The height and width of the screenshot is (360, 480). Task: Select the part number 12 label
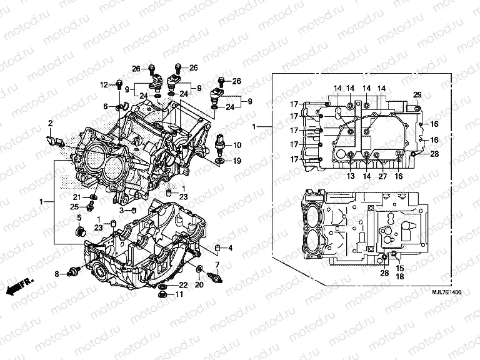coord(104,84)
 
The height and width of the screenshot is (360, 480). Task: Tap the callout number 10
coord(237,145)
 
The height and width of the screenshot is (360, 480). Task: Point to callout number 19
coord(237,161)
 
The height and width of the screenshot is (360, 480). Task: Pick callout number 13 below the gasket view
coord(350,177)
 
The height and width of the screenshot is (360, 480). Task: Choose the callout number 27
coord(382,177)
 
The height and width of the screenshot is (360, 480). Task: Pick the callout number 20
coord(200,285)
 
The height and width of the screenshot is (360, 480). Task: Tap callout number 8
coord(57,274)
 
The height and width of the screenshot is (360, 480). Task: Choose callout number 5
coord(79,217)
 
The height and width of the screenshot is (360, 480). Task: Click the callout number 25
coord(74,206)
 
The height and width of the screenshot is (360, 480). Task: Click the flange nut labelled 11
coord(162,294)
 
